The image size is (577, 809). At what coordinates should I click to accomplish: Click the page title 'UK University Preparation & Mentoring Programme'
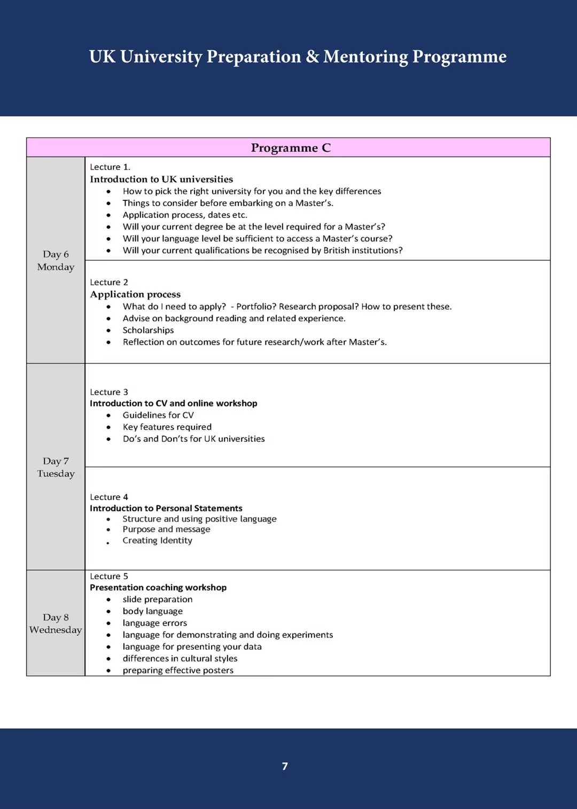point(298,57)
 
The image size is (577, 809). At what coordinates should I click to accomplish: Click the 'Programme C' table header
point(291,147)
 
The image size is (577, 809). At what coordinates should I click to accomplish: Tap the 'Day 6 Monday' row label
point(56,260)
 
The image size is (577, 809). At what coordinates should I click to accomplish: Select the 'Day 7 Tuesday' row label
point(56,467)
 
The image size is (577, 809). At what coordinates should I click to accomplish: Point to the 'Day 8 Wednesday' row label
point(56,623)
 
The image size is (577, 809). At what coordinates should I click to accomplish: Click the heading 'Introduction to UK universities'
point(161,179)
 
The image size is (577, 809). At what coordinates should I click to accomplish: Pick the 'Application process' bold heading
point(135,294)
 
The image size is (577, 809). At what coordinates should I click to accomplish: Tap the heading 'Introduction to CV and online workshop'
point(173,403)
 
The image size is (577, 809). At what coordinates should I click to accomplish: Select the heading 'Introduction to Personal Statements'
point(166,508)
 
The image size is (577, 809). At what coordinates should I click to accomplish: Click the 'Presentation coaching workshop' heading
point(158,587)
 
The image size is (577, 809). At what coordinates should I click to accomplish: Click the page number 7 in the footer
point(285,766)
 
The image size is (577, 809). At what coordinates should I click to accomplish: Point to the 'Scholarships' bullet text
point(148,330)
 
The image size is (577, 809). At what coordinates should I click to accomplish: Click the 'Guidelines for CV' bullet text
point(158,415)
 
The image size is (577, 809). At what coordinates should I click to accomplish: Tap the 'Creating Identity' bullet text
point(157,540)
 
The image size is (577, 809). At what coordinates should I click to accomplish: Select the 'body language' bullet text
point(152,611)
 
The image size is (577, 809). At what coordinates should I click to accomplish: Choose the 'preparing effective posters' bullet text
point(178,670)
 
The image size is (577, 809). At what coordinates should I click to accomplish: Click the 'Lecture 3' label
point(109,392)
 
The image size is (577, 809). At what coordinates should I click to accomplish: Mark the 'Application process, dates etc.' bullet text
point(185,215)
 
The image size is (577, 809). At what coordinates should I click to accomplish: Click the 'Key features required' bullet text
point(167,427)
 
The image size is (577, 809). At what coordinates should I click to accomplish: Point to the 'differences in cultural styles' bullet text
point(180,658)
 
